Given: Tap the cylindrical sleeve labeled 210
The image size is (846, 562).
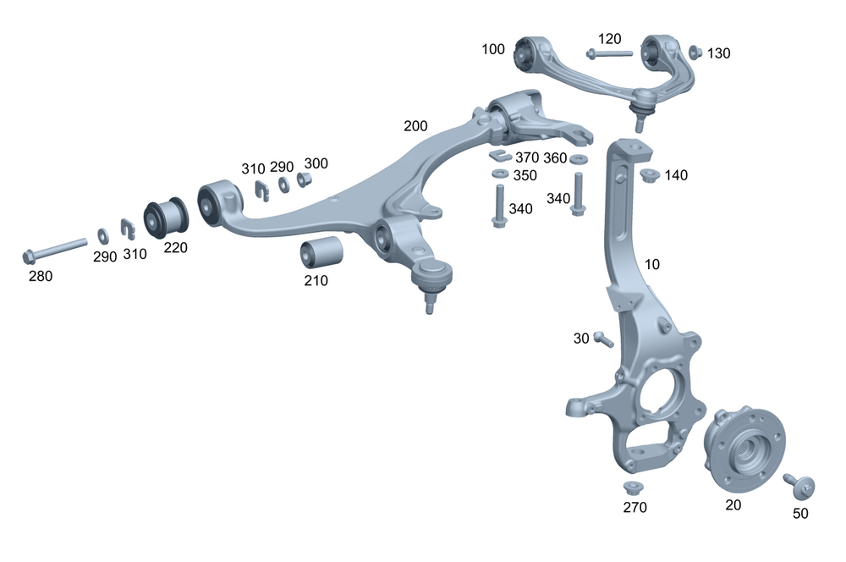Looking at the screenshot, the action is coord(321,251).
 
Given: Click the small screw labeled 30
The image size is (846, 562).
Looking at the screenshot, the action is coord(602,339).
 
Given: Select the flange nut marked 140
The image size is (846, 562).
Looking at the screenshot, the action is coord(651,176).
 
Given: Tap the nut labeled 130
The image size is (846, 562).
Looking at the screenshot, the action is coord(695,52).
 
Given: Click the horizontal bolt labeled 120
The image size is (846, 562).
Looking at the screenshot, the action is coord(608,53).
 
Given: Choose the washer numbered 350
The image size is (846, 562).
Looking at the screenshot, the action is coord(500,174).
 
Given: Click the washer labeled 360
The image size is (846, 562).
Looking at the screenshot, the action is coord(580,159).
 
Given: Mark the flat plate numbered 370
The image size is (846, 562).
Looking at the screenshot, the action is coord(500,156).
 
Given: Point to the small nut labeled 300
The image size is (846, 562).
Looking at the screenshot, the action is coord(304,181).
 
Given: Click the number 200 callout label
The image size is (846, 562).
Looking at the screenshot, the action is coord(415,126).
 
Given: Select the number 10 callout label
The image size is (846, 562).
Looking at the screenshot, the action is coord(651,264).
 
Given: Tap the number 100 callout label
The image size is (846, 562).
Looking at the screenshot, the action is coord(493,49).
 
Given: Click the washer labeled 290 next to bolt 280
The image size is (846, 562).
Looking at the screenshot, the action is coord(102,234).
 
